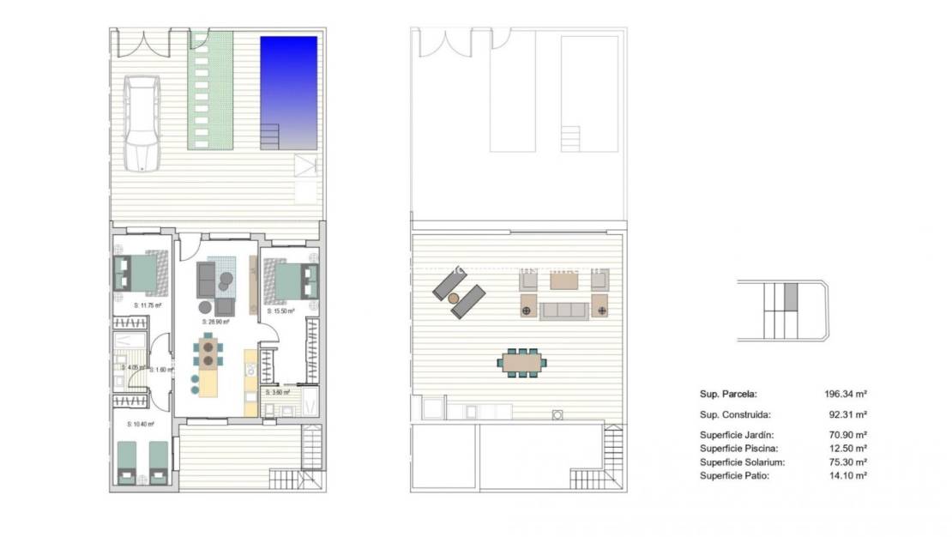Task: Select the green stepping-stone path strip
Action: (x=210, y=90)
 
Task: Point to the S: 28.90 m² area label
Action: (x=215, y=322)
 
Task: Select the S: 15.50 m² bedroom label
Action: (x=280, y=311)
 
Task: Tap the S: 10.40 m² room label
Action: (x=141, y=424)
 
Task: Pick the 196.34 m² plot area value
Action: (x=845, y=395)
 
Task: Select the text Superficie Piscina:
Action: (x=738, y=449)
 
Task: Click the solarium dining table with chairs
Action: (x=521, y=362)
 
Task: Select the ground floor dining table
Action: (x=208, y=353)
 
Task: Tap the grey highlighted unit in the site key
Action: (x=791, y=297)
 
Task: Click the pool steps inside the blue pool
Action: (x=270, y=135)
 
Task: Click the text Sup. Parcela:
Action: (x=728, y=395)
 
